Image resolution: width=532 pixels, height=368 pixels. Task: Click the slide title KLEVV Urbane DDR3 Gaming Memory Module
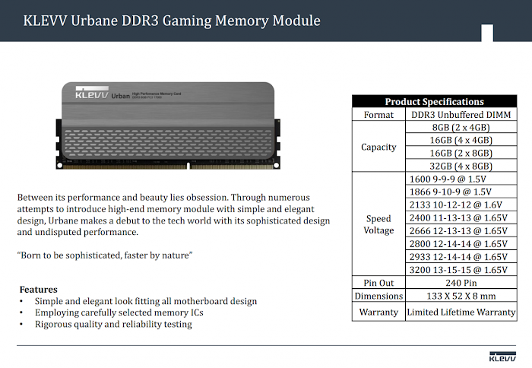pos(161,21)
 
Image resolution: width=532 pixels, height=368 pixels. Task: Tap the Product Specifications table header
pos(434,101)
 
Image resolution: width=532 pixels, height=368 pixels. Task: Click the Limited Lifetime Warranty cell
pos(461,312)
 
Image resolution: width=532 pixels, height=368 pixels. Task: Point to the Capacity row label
pos(378,147)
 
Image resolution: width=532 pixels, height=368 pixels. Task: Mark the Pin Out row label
pos(378,282)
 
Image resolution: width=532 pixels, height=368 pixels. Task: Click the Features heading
pos(39,290)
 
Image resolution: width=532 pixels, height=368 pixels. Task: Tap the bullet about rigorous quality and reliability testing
pos(113,324)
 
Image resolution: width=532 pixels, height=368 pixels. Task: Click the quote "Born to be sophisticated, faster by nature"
pos(105,255)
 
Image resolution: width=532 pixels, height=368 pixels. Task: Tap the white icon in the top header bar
pos(487,32)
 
